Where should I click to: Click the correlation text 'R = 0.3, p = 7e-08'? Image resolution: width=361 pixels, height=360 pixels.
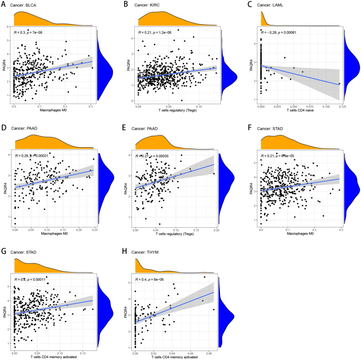click(36, 34)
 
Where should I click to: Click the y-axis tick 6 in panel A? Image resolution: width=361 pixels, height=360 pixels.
click(9, 27)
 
